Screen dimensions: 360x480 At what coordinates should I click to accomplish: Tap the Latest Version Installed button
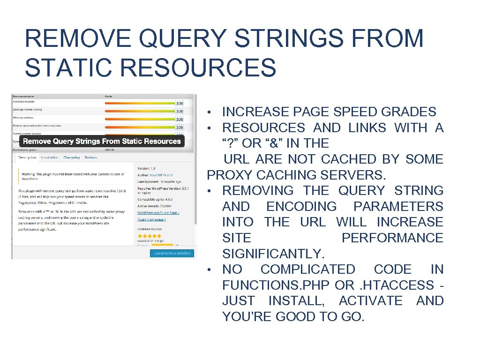coord(172,253)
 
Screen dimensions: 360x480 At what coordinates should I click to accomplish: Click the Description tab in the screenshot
coord(27,157)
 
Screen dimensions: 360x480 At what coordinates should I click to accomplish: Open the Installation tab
coord(49,157)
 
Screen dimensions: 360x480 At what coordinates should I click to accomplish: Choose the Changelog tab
coord(71,157)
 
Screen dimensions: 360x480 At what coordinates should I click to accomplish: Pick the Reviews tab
coord(91,157)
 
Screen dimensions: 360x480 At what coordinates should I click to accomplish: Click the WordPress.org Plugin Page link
coord(158,213)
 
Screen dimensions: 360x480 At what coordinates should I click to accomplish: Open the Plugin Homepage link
coord(151,219)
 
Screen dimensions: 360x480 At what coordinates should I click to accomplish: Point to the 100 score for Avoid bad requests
coord(179,103)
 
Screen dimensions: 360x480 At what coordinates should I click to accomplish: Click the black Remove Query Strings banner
coord(102,141)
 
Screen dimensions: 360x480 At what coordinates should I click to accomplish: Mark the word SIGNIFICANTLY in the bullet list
coord(273,254)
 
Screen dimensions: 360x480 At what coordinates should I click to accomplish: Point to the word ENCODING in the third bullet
coord(301,207)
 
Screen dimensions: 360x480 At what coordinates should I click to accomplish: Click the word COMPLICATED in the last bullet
coord(307,270)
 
